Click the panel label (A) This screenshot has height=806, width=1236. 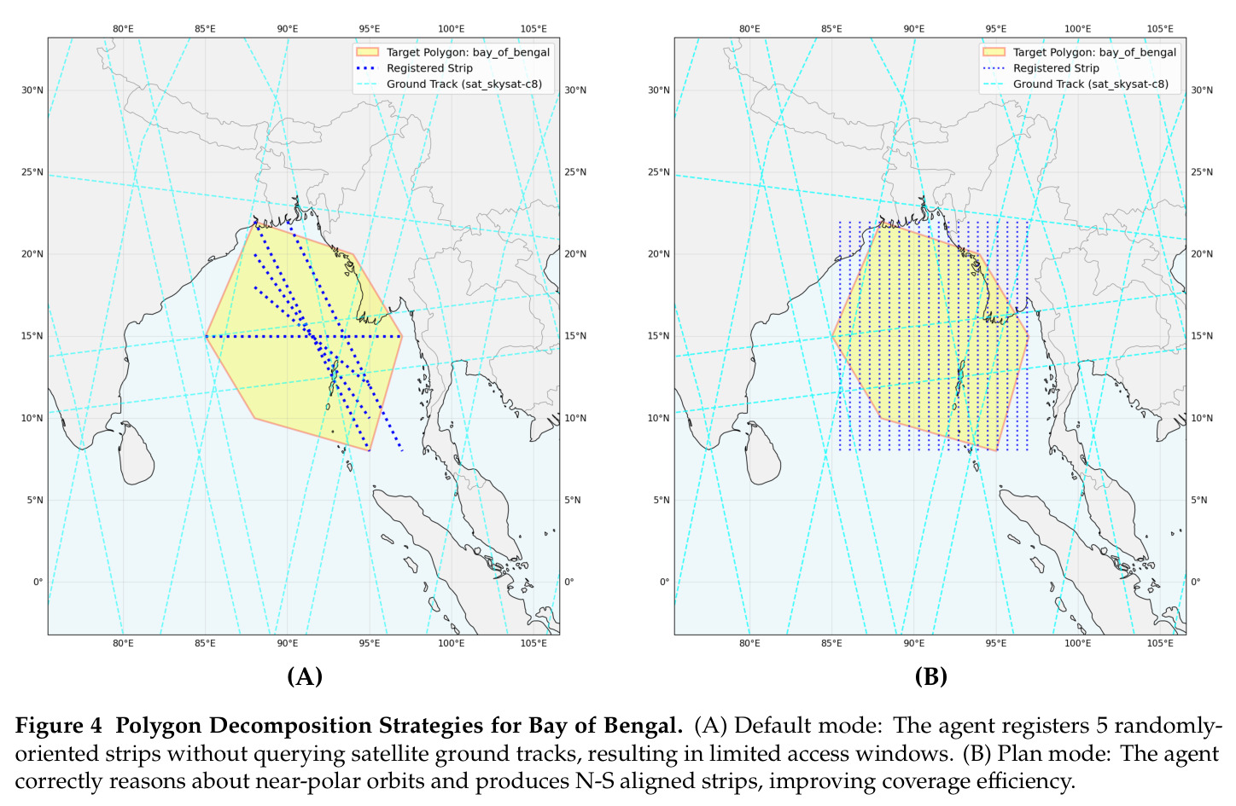[x=305, y=676]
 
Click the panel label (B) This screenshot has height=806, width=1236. [x=931, y=676]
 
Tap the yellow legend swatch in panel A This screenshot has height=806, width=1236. [x=368, y=52]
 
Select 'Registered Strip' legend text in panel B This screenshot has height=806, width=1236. [x=1056, y=68]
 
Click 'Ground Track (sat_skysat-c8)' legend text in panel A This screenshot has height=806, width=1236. [x=464, y=84]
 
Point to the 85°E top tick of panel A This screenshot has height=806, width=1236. [x=205, y=29]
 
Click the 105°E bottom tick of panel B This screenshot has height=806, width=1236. [x=1160, y=643]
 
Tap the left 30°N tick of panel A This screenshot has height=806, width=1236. [x=32, y=90]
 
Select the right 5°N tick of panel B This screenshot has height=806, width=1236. [x=1199, y=500]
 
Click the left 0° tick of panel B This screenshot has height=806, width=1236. [x=664, y=582]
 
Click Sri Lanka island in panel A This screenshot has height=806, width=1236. [x=136, y=453]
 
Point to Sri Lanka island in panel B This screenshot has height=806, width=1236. [x=762, y=453]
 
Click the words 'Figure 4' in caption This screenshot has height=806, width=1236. [x=59, y=726]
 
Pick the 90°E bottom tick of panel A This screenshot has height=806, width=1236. [x=287, y=643]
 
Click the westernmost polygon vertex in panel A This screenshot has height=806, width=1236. [x=205, y=336]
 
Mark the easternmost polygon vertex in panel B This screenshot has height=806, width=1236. [x=1029, y=335]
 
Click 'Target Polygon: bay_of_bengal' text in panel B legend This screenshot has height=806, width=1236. [x=1095, y=52]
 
